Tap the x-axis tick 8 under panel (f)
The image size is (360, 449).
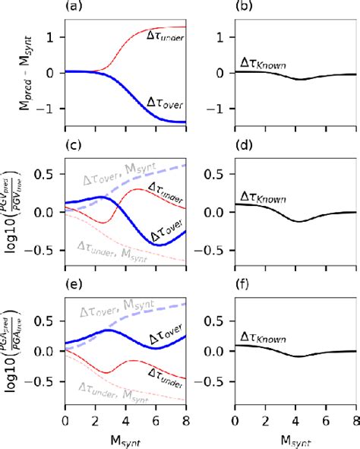354,419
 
